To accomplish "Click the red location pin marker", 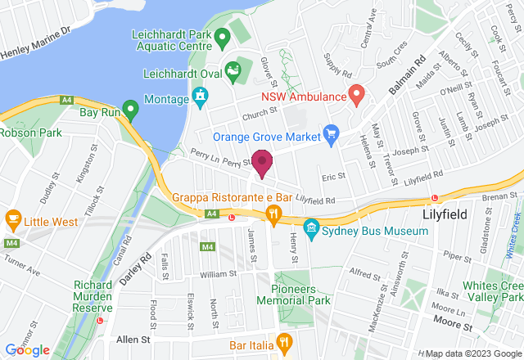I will (262, 163).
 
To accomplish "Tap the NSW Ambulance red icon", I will (356, 95).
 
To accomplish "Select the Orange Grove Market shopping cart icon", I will (332, 133).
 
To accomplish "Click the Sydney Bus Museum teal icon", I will (311, 227).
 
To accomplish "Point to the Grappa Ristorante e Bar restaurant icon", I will (273, 215).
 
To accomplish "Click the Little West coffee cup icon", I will (12, 218).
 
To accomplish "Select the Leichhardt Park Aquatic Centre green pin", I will (221, 37).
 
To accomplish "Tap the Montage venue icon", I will (199, 98).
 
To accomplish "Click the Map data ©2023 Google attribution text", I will (467, 353).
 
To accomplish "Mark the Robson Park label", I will (31, 131).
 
